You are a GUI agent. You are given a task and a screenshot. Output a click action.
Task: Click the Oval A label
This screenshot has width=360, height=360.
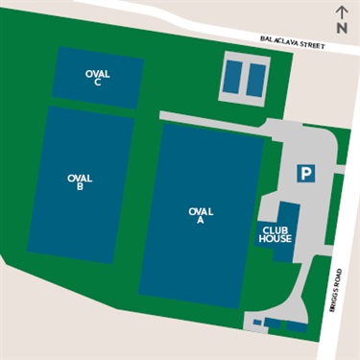click(x=200, y=215)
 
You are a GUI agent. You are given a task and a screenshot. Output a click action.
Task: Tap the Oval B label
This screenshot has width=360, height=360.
click(x=80, y=182)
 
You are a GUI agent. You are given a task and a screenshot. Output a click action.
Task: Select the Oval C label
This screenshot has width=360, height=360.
click(x=98, y=77)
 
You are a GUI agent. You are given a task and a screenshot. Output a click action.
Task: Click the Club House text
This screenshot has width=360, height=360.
click(x=275, y=234)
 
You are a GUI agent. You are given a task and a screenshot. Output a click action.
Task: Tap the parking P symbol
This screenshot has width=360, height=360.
click(x=305, y=173)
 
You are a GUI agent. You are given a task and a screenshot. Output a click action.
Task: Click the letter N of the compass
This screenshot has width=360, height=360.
click(x=341, y=29)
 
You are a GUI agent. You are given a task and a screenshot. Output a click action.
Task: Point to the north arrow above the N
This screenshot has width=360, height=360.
click(x=341, y=11)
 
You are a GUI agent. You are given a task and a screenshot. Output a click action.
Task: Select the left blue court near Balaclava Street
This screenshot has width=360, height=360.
click(x=233, y=78)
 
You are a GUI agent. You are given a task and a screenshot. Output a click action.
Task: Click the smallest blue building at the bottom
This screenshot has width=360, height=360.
click(x=256, y=322)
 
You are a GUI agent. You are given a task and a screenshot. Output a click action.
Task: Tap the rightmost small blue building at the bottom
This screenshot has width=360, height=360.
click(x=297, y=324)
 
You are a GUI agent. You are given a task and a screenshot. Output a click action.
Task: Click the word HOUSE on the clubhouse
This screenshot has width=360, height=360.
click(x=275, y=239)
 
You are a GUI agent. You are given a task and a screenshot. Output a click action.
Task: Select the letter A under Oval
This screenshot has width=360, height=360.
click(x=200, y=220)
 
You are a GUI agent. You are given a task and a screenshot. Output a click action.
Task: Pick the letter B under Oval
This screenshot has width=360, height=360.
click(x=80, y=187)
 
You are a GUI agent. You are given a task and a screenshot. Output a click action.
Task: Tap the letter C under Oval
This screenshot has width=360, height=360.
click(x=98, y=82)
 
